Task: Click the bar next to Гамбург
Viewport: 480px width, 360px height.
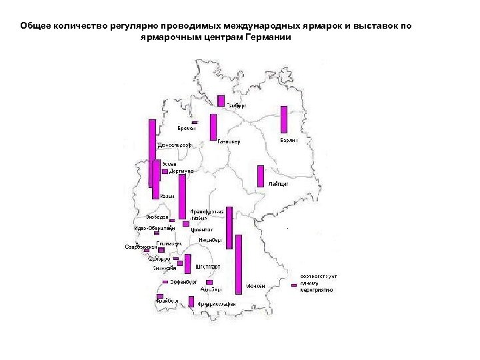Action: tap(221, 101)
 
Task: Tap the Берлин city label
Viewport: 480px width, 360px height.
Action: tap(289, 141)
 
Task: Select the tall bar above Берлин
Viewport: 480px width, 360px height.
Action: tap(284, 119)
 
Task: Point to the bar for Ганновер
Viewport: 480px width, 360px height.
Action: tap(213, 127)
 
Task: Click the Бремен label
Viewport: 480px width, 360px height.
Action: tap(187, 128)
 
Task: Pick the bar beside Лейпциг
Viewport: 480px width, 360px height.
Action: tap(261, 176)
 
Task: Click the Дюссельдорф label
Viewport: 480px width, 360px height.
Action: tap(175, 145)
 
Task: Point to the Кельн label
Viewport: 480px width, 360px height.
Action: tap(167, 196)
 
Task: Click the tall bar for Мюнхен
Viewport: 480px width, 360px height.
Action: tap(239, 264)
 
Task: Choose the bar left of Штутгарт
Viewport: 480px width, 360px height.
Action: tap(187, 263)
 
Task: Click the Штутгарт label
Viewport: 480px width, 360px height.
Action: tap(208, 267)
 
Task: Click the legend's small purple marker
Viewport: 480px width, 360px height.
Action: tap(294, 285)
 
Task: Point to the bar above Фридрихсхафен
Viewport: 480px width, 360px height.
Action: tap(191, 301)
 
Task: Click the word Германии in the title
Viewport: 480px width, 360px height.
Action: tap(266, 37)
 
